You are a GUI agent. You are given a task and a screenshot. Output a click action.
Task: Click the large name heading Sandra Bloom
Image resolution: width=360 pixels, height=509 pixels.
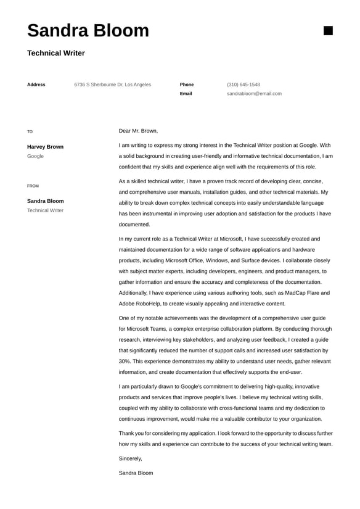coord(88,30)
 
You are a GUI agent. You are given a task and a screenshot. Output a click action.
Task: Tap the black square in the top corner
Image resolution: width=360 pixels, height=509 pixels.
coord(328,30)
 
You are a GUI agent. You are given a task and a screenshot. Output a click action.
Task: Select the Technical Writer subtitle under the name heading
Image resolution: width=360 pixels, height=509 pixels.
coord(56,53)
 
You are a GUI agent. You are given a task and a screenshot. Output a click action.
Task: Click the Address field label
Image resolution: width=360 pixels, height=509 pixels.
coord(36,85)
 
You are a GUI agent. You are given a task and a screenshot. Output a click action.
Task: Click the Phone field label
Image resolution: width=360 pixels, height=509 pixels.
coord(187,85)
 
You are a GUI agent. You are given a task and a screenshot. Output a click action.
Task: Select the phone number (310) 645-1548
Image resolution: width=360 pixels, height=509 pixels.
coord(243,85)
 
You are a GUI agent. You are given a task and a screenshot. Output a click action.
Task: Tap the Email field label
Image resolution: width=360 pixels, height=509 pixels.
coord(186,94)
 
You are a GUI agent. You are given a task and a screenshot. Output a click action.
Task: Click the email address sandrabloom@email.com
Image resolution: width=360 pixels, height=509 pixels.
coord(254,94)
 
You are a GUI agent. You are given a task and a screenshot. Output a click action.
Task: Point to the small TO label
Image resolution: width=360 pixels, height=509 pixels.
coord(30,131)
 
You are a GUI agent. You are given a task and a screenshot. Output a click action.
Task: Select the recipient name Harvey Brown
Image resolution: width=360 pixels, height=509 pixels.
coord(45,147)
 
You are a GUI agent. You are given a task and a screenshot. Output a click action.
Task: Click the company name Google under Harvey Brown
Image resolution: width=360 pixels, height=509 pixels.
coord(35,157)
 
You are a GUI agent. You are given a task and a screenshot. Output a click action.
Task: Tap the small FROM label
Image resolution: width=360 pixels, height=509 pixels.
coord(33,186)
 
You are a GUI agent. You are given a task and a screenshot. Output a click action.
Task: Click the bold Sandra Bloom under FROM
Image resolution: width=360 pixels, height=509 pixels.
coord(45,201)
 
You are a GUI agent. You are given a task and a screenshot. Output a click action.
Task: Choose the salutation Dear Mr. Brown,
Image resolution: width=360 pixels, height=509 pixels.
coord(138,131)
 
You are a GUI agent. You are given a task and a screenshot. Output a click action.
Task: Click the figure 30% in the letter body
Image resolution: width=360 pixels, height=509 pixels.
coord(125,361)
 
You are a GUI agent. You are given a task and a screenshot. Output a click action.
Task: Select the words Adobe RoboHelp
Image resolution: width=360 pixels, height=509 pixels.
coord(140,304)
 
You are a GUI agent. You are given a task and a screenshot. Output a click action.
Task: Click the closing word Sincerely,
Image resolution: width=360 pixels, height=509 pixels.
coord(130,458)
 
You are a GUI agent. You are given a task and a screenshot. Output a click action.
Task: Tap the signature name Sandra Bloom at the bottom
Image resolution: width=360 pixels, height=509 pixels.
coord(136,473)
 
